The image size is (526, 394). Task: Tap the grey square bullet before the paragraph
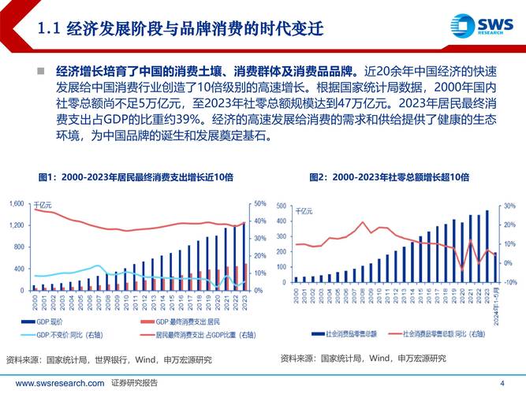(x=40, y=71)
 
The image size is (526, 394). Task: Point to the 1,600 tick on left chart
(x=16, y=204)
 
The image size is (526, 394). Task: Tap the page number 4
(x=502, y=383)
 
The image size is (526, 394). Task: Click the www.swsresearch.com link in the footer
(x=60, y=383)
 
